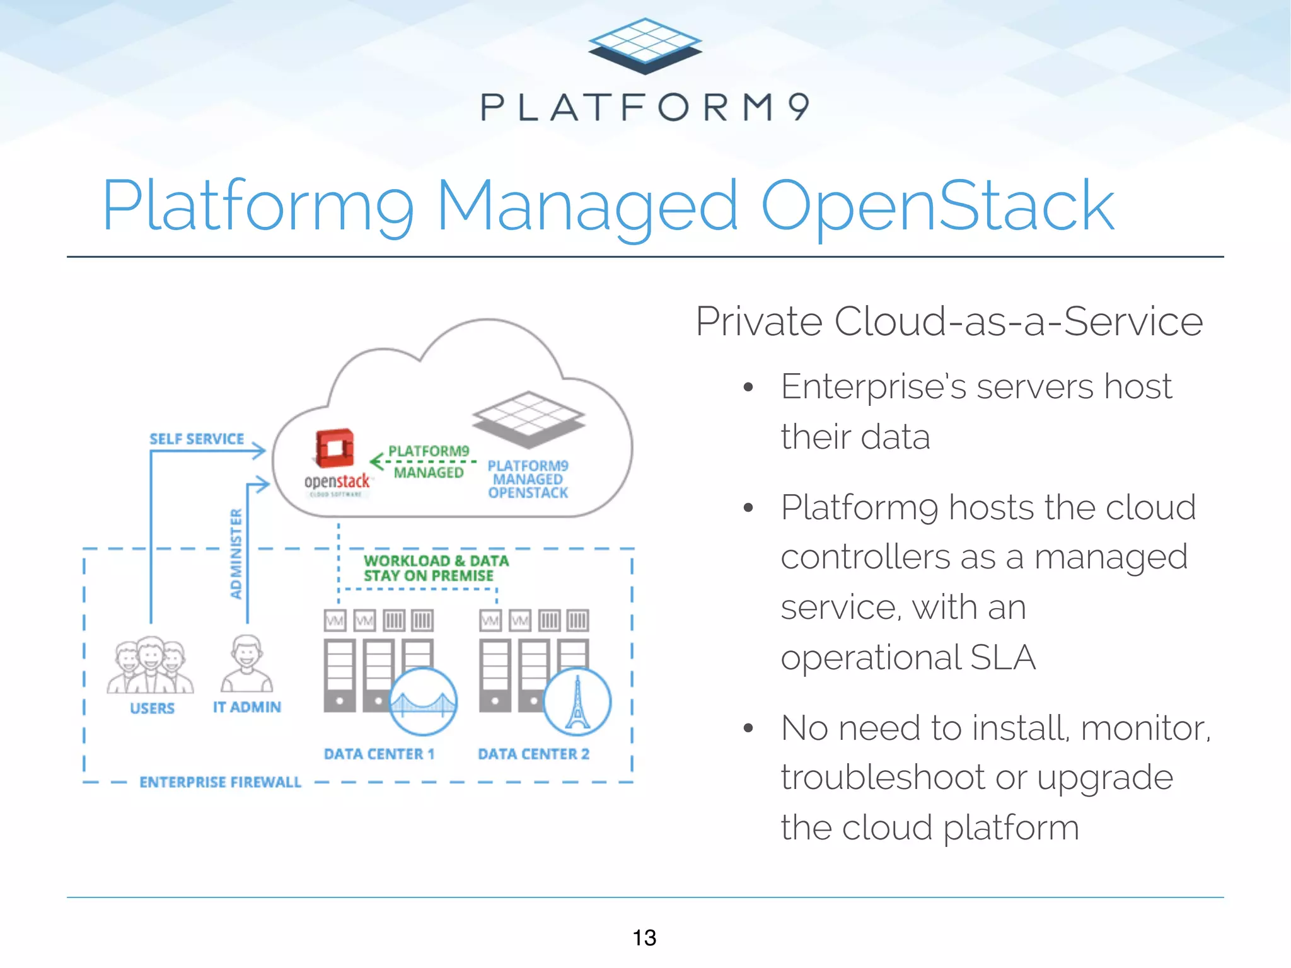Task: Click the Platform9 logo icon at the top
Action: coord(645,45)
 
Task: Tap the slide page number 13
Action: coord(644,938)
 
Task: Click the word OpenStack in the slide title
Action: coord(937,207)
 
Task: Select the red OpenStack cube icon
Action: coord(334,448)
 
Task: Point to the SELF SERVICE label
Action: coord(196,439)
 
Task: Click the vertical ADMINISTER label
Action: coord(236,553)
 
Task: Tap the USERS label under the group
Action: coord(152,708)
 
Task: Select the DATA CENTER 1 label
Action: coord(379,754)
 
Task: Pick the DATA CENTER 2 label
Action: coord(533,754)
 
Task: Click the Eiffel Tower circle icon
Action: coord(577,702)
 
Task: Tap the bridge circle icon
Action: coord(423,702)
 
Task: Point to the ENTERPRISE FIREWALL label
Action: coord(220,782)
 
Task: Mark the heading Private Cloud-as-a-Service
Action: coord(949,321)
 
